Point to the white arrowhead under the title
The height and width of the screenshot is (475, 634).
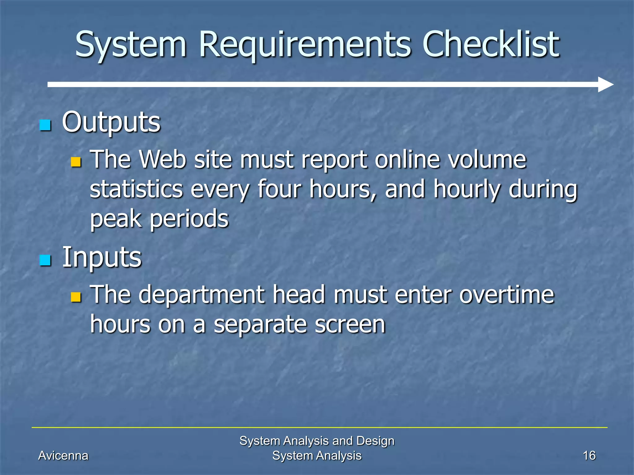605,84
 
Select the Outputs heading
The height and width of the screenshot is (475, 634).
111,122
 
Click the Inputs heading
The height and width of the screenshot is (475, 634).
102,257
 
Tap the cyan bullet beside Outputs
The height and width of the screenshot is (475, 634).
45,125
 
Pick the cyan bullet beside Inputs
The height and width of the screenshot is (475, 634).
45,260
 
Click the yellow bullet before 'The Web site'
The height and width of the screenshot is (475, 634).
76,162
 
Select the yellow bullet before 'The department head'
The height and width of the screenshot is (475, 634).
76,297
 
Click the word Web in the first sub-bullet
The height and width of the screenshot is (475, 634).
163,160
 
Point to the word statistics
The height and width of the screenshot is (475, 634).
137,189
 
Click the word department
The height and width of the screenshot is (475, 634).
202,295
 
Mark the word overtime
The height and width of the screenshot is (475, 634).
506,295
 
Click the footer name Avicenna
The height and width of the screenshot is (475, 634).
63,456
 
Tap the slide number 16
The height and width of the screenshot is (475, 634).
589,456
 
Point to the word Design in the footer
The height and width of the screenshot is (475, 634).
375,441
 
